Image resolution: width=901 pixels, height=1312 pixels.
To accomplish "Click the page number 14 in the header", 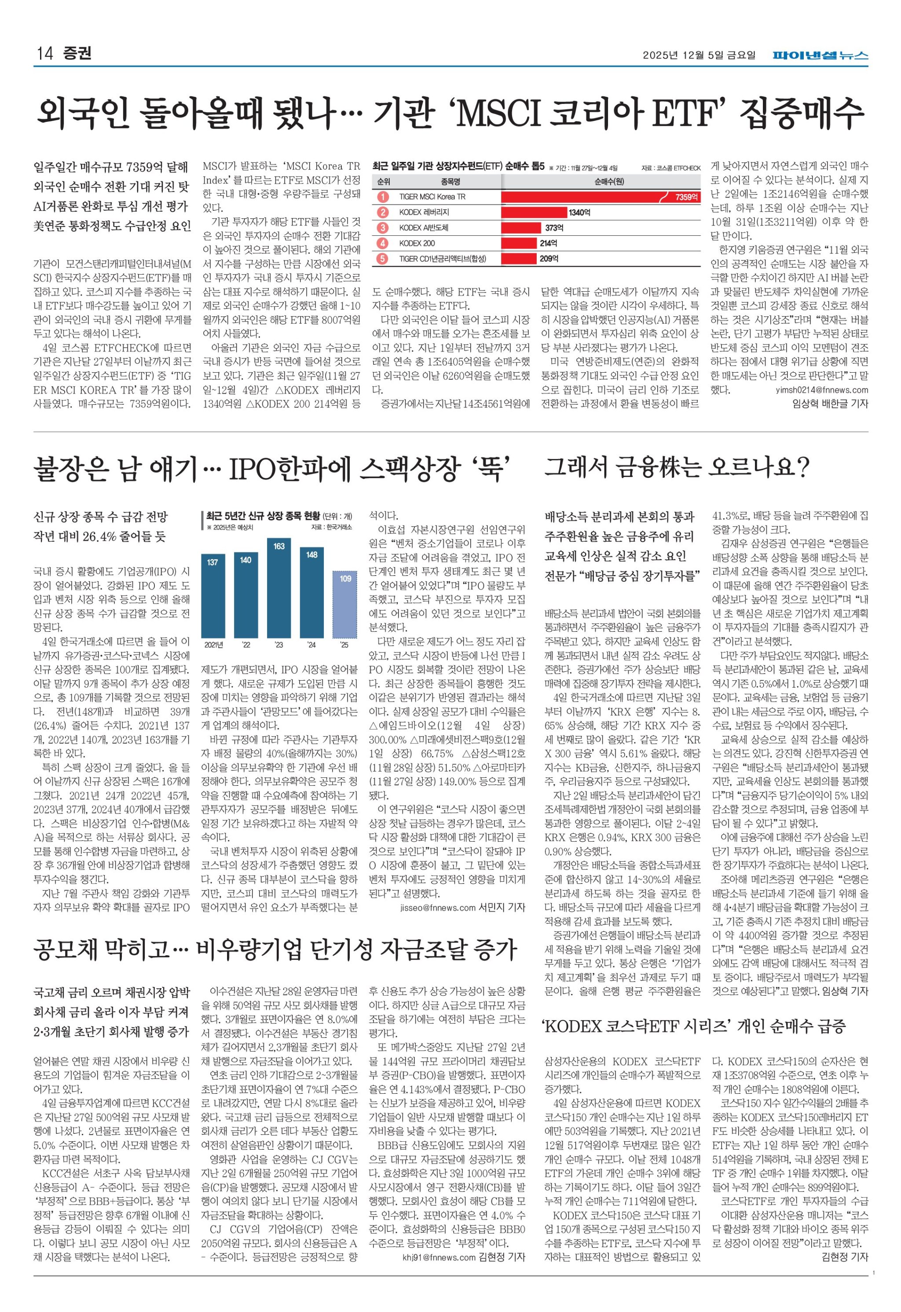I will pos(44,54).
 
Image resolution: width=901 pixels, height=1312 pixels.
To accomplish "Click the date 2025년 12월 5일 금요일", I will pos(699,55).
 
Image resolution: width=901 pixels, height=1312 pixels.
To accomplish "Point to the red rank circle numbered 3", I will pos(383,227).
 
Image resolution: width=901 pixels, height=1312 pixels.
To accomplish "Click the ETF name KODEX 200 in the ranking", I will pos(417,243).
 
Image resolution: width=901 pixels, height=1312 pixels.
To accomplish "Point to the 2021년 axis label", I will pos(213,645).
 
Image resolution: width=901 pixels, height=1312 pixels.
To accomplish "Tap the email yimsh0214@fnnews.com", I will pos(822,389).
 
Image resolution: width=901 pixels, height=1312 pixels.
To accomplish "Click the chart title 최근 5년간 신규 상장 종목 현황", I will pos(263,516).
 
